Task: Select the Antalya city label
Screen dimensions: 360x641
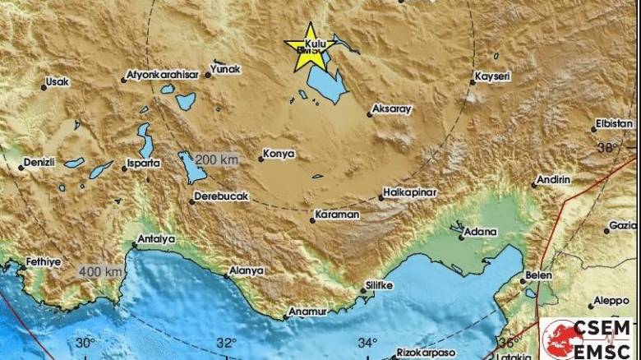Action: point(158,239)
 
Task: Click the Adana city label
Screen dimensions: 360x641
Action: point(481,233)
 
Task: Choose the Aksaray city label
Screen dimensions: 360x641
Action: point(391,108)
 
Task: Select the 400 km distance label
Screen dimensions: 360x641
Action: point(101,270)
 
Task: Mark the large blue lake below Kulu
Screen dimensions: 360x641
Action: point(325,85)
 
